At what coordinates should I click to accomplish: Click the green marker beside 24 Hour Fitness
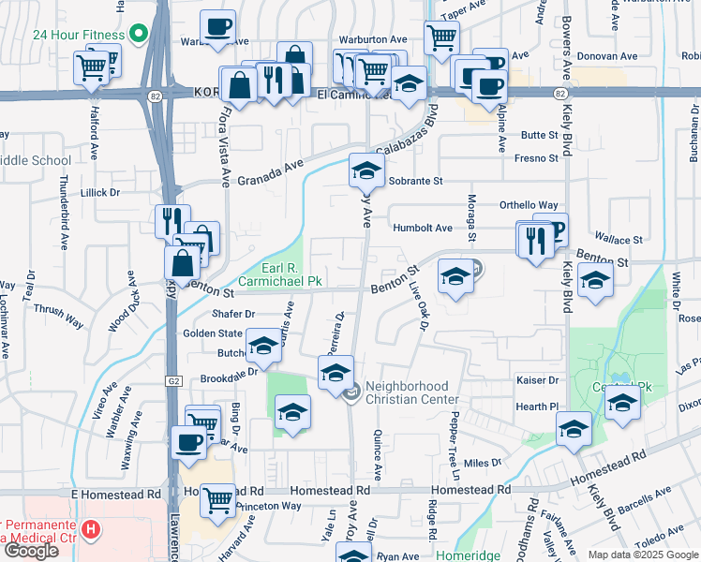[140, 36]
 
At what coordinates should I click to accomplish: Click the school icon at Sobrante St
[366, 170]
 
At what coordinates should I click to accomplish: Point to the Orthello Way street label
[529, 205]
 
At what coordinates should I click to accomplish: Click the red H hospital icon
[91, 530]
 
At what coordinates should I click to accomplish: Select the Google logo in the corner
[31, 550]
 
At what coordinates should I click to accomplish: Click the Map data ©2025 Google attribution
[643, 555]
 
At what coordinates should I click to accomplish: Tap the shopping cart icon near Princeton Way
[217, 499]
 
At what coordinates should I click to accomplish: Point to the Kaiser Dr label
[537, 380]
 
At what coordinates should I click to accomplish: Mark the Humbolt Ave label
[422, 228]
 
